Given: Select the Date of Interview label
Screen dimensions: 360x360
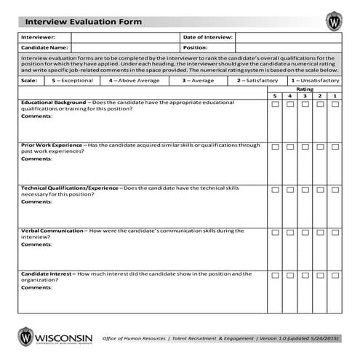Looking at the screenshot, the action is (207, 36).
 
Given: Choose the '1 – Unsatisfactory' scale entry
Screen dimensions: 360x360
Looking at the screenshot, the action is (315, 81).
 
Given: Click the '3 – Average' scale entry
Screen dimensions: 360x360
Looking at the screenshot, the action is (198, 81).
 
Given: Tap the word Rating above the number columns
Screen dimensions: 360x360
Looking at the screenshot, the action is (305, 89).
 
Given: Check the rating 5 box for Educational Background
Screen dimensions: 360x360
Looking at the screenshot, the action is (275, 105).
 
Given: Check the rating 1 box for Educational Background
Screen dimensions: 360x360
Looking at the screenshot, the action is (335, 105).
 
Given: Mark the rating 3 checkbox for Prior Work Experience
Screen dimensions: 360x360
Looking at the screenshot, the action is (305, 147).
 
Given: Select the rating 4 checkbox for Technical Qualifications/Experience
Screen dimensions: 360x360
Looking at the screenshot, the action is (289, 189).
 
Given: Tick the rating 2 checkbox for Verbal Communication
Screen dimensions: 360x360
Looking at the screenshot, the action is (320, 232).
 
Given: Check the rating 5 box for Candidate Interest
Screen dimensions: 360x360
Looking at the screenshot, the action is (275, 275).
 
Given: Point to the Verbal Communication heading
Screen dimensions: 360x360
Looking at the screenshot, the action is (52, 231).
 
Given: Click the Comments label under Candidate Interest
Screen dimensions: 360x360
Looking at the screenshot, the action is (36, 287).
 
